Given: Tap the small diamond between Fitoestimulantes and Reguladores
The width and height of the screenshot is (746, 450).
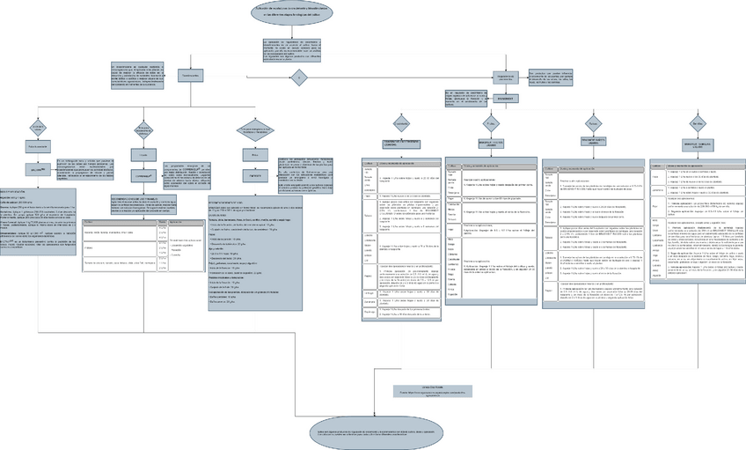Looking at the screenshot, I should click(x=297, y=77).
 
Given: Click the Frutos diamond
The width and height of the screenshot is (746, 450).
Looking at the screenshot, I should click(x=594, y=121).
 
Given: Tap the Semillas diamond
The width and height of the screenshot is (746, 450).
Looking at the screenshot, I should click(x=698, y=121).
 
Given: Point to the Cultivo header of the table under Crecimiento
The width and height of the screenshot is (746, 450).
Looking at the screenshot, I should click(x=369, y=165).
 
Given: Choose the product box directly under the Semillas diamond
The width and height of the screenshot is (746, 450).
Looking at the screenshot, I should click(x=698, y=142).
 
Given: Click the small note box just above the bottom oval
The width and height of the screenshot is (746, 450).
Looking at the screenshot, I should click(x=434, y=390).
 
